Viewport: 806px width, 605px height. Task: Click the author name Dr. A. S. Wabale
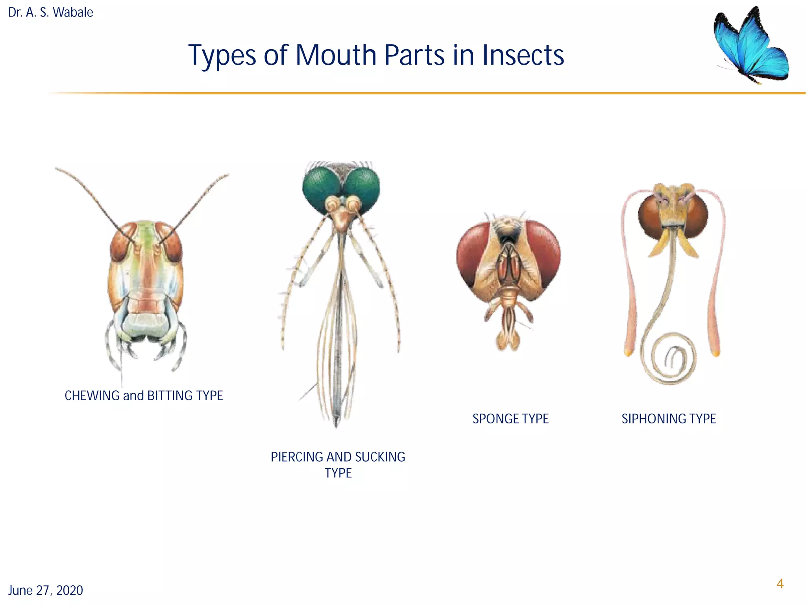click(x=51, y=13)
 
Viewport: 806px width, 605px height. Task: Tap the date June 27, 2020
click(x=46, y=590)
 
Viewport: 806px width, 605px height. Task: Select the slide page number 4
click(x=780, y=584)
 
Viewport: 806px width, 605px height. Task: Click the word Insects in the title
click(x=523, y=55)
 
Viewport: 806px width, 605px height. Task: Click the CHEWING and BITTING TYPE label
click(x=144, y=395)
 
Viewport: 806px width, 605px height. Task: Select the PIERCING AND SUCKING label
click(x=338, y=457)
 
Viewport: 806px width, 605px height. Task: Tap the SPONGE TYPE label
click(x=510, y=419)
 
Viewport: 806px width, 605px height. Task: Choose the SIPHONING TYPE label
click(x=669, y=419)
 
